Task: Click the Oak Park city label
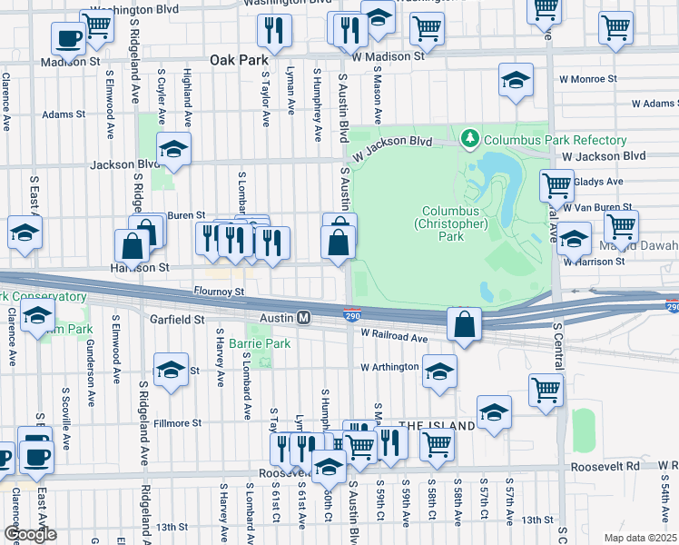[x=240, y=59]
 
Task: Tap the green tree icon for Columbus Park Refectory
[x=470, y=139]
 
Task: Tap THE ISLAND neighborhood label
[x=437, y=426]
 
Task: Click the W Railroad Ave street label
[x=393, y=337]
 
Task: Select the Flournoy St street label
[x=219, y=292]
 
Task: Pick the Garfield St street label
[x=178, y=320]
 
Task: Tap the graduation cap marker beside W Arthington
[x=439, y=371]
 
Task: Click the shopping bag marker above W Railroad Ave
[x=465, y=323]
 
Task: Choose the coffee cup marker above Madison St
[x=68, y=37]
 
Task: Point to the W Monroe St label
[x=586, y=79]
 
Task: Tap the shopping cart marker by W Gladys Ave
[x=556, y=185]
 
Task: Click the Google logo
[x=29, y=534]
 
